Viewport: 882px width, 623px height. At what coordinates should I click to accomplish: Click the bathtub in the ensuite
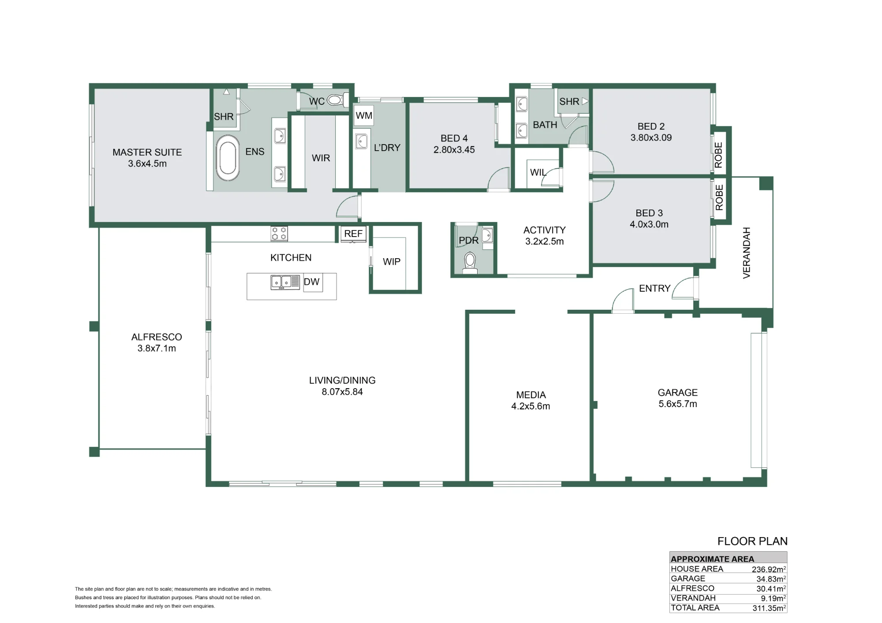pos(228,158)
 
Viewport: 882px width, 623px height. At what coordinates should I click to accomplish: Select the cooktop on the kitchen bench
pos(279,234)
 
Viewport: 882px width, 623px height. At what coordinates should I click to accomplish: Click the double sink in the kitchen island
pos(281,282)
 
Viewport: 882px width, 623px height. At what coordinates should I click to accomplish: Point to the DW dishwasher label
pos(312,282)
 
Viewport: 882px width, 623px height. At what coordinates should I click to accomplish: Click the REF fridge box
pos(354,234)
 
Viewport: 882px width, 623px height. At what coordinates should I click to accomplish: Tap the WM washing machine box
pos(364,116)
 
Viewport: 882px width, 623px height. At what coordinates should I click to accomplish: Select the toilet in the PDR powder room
pos(470,263)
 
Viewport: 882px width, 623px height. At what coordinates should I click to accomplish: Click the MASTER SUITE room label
pos(147,152)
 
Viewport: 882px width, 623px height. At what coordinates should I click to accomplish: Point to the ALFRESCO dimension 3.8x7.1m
pos(157,349)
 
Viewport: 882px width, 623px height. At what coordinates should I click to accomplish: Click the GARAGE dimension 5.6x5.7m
pos(678,404)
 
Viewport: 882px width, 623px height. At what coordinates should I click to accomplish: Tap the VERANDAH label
pos(747,253)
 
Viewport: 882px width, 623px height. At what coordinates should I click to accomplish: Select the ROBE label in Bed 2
pos(719,155)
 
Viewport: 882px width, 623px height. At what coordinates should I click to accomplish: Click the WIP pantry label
pos(392,262)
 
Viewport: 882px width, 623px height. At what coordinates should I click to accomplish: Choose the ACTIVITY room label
pos(545,230)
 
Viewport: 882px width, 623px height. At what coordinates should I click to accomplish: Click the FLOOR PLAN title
pos(752,541)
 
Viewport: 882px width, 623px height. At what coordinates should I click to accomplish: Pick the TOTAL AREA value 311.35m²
pos(769,608)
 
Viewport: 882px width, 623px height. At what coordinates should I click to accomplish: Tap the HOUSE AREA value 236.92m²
pos(769,569)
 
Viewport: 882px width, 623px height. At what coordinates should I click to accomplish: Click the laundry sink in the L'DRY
pos(362,141)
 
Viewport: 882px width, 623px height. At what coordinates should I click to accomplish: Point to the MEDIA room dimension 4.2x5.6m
pos(531,406)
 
